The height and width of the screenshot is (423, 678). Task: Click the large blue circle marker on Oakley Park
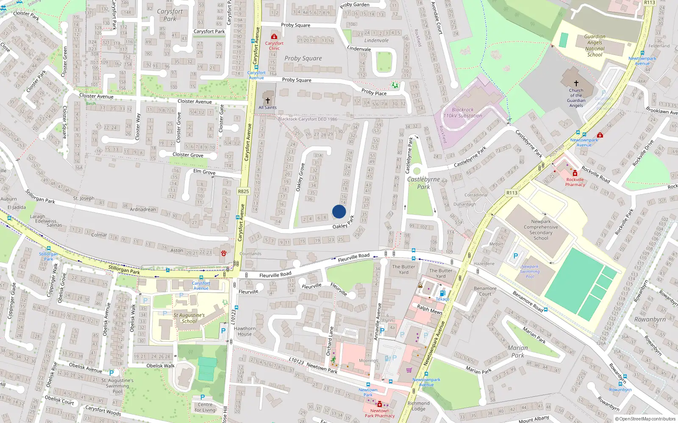click(x=339, y=211)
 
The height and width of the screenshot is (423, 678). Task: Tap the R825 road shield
click(x=243, y=191)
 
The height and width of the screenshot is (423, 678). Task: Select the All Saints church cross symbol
click(x=268, y=101)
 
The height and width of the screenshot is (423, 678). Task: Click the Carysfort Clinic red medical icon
click(x=274, y=37)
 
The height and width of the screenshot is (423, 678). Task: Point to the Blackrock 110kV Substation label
click(x=463, y=113)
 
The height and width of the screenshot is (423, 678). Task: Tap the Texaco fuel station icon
click(x=442, y=293)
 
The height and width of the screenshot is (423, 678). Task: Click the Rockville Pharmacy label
click(x=575, y=182)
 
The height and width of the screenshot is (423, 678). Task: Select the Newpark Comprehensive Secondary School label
click(x=541, y=230)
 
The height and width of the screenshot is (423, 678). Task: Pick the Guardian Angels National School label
click(x=595, y=45)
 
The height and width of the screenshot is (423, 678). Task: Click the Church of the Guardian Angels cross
click(x=576, y=83)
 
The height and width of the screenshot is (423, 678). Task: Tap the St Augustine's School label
click(x=189, y=318)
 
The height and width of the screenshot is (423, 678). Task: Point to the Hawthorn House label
click(x=245, y=331)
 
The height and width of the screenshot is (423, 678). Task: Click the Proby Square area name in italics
click(x=303, y=58)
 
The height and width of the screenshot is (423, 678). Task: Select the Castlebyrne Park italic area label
click(x=424, y=183)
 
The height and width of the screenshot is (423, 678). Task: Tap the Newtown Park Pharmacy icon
click(x=379, y=404)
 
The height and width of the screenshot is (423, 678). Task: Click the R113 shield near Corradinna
click(x=512, y=193)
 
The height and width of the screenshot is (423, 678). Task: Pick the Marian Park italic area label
click(x=518, y=352)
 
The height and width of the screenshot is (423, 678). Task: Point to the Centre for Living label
click(x=205, y=407)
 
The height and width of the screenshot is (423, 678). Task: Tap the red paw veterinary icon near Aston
click(x=223, y=253)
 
